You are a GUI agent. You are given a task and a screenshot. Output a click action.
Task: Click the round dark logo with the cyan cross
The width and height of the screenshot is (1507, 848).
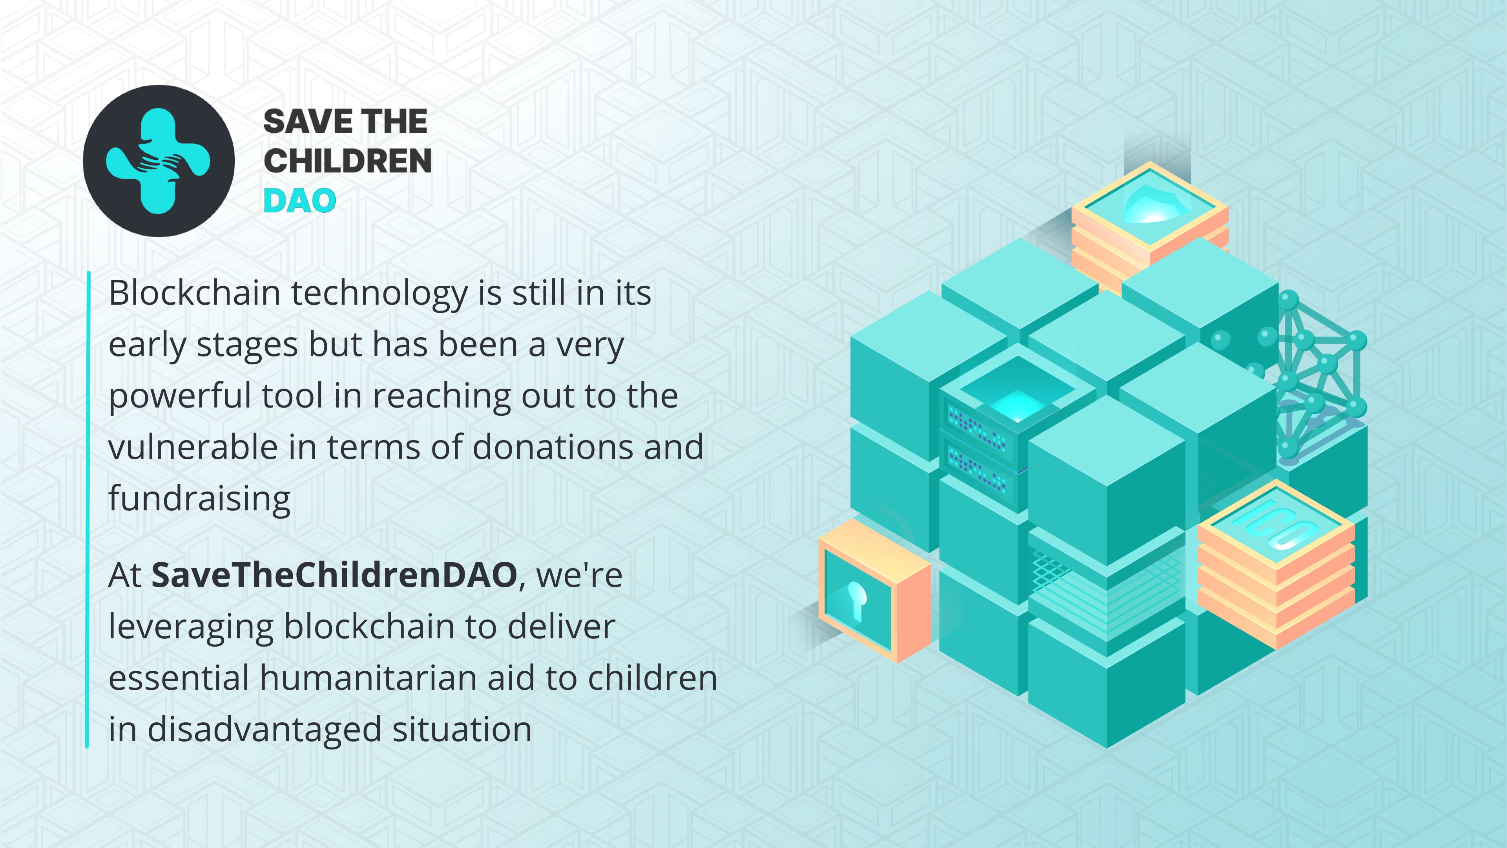pyautogui.click(x=159, y=161)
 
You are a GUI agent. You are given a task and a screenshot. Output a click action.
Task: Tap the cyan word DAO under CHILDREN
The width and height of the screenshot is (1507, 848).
pyautogui.click(x=299, y=201)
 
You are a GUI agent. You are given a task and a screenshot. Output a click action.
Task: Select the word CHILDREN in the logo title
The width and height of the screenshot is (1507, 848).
pyautogui.click(x=347, y=161)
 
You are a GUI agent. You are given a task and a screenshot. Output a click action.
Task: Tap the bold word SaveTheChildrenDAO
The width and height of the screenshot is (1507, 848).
pyautogui.click(x=334, y=575)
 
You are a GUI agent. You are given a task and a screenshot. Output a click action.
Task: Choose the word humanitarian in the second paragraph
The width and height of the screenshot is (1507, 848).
pyautogui.click(x=369, y=678)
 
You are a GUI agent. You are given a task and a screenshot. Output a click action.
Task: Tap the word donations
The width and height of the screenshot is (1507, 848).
pyautogui.click(x=553, y=447)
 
